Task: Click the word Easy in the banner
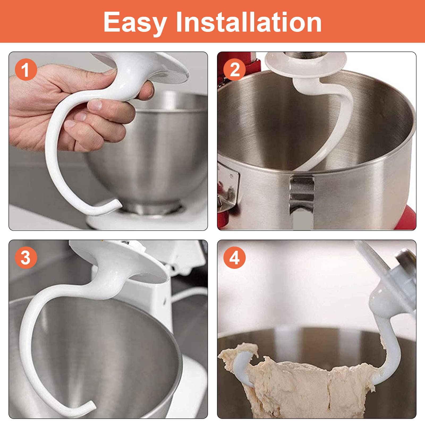tap(135, 23)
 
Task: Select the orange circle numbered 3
tap(26, 257)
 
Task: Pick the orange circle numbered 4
tap(234, 257)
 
